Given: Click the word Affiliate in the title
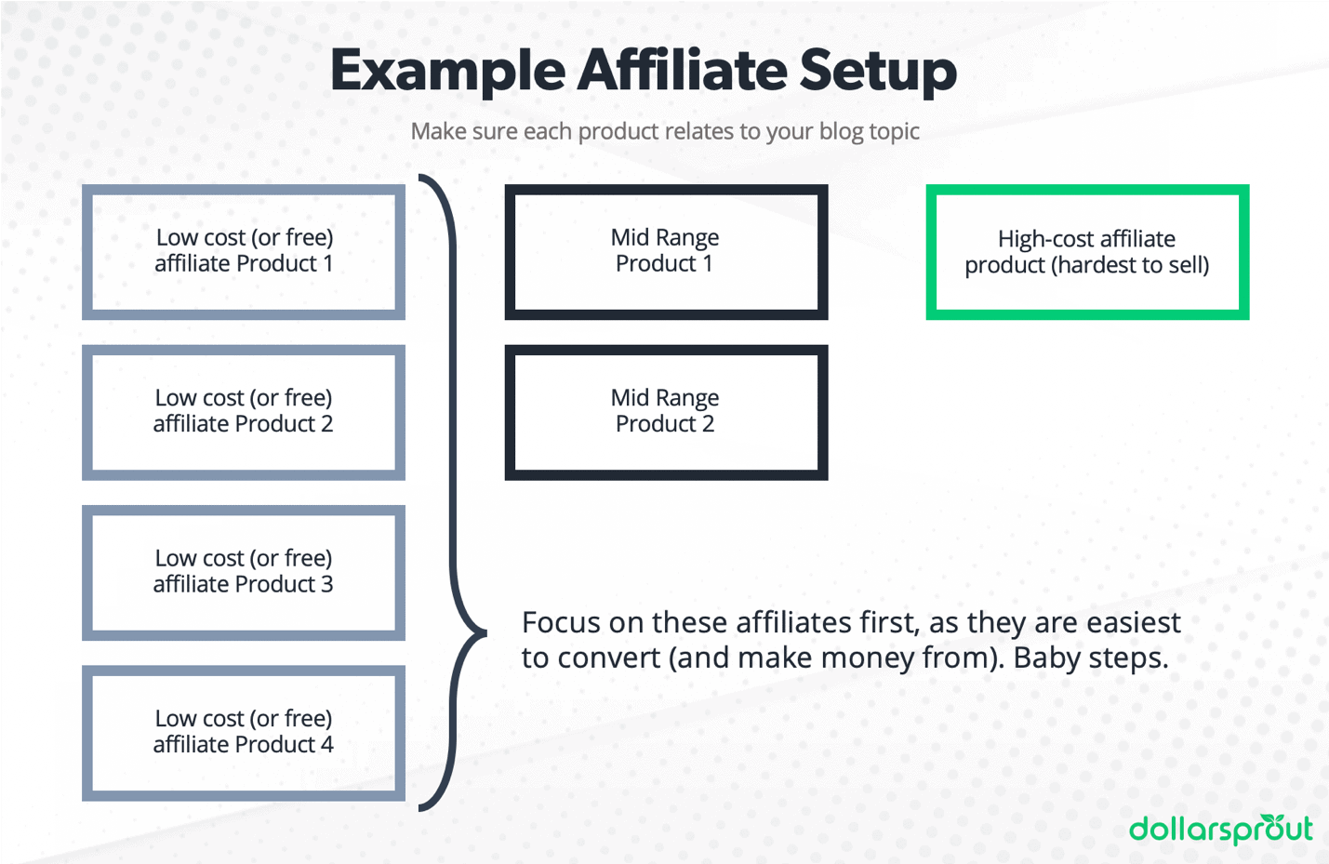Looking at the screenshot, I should (682, 71).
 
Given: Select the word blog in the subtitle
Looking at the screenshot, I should (842, 132).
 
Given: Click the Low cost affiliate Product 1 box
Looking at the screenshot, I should (244, 251).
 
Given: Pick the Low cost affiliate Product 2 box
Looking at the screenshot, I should (244, 411).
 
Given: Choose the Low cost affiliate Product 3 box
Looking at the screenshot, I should (244, 572).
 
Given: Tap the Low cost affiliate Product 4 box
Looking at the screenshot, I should (244, 732).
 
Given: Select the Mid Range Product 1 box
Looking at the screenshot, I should (666, 251).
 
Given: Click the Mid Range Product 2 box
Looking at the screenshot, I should (666, 411).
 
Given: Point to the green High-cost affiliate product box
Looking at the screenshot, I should (1087, 251).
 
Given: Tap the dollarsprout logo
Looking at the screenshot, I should (1220, 829).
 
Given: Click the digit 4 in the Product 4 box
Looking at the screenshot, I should (327, 745).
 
